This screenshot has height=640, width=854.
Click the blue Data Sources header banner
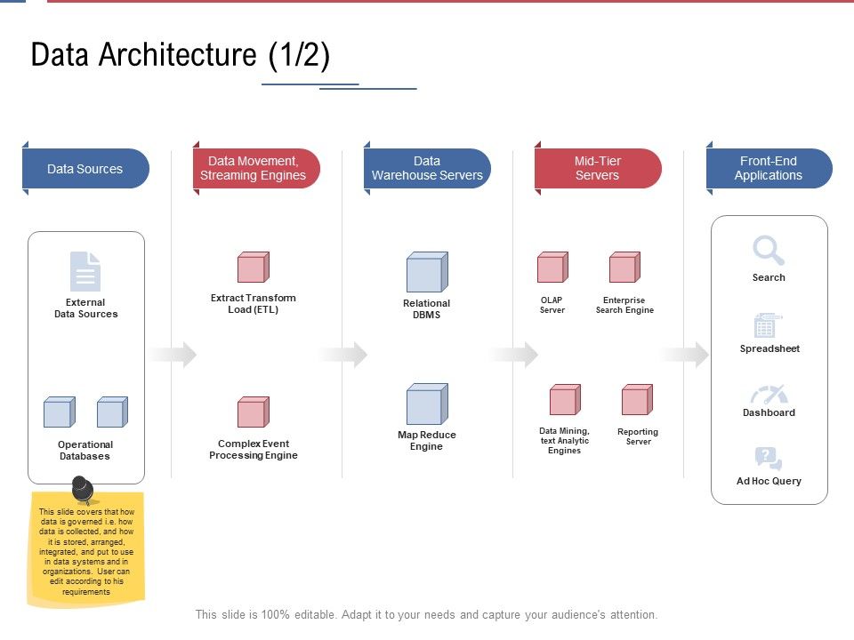pyautogui.click(x=85, y=169)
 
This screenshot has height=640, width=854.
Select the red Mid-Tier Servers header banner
pyautogui.click(x=598, y=169)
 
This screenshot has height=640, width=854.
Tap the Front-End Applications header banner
pyautogui.click(x=769, y=169)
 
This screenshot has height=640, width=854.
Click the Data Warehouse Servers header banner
pyautogui.click(x=427, y=169)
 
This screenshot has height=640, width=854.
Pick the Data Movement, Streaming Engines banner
pyautogui.click(x=256, y=169)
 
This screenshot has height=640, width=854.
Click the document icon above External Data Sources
pyautogui.click(x=85, y=271)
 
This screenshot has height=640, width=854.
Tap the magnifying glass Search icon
pyautogui.click(x=769, y=251)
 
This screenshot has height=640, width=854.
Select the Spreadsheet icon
pyautogui.click(x=767, y=325)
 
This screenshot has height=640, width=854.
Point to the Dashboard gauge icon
pyautogui.click(x=769, y=395)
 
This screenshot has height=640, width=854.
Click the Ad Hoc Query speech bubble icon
pyautogui.click(x=768, y=459)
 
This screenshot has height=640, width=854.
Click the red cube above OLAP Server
pyautogui.click(x=552, y=268)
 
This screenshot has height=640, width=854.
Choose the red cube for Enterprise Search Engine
pyautogui.click(x=624, y=268)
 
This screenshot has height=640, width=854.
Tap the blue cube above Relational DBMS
pyautogui.click(x=427, y=272)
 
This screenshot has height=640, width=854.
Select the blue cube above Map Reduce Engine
pyautogui.click(x=427, y=404)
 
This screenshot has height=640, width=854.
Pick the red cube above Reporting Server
pyautogui.click(x=637, y=400)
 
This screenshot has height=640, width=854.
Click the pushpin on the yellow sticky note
pyautogui.click(x=82, y=488)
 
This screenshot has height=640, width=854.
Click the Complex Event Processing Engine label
pyautogui.click(x=254, y=450)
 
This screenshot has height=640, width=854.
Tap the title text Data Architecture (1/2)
pyautogui.click(x=181, y=55)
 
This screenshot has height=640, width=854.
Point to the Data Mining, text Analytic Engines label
pyautogui.click(x=564, y=441)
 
